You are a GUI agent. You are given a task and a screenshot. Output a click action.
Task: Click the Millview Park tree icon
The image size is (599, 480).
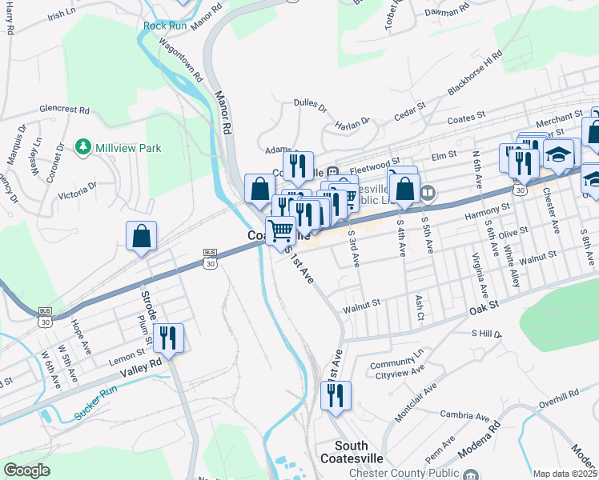click(82, 147)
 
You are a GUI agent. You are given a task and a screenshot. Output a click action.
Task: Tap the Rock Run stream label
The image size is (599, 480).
click(164, 26)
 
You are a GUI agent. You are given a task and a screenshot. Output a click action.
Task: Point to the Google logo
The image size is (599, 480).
click(26, 470)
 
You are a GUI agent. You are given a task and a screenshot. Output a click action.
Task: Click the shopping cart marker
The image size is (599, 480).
click(280, 230)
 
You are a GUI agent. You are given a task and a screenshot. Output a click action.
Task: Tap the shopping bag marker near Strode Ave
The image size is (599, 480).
click(142, 236)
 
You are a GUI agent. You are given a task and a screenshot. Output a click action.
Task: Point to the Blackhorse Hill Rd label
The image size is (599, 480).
click(475, 74)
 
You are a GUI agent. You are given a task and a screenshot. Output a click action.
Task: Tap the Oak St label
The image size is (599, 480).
click(484, 305)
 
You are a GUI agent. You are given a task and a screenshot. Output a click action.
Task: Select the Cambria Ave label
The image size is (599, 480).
click(464, 416)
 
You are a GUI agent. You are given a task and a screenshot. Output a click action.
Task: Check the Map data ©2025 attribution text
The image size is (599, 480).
click(565, 474)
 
